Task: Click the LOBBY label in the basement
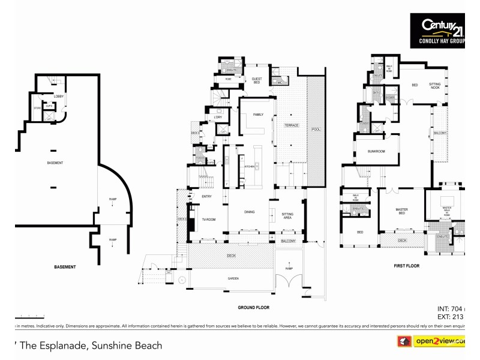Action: coord(59,97)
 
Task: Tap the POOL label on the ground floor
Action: coord(316,130)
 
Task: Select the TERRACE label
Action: coord(292,125)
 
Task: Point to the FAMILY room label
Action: coord(258,114)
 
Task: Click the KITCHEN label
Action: coord(249,166)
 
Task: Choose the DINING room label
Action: coord(250,212)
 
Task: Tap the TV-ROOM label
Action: coord(208,220)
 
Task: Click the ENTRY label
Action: coord(206,196)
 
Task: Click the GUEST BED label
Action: coord(256,82)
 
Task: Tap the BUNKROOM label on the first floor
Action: coord(376,152)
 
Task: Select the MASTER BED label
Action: coord(401,211)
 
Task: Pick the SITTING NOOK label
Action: coord(434,86)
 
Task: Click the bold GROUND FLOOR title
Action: coord(253,307)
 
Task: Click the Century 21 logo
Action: coord(437,30)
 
